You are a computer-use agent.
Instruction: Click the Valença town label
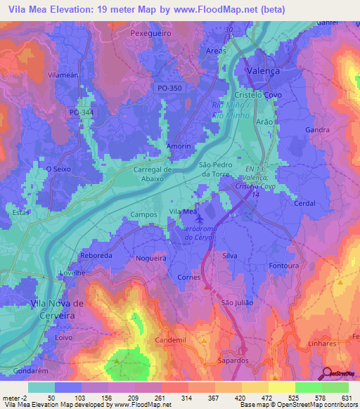(x=264, y=71)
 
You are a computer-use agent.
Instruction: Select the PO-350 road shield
(x=169, y=87)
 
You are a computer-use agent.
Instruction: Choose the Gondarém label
(x=31, y=369)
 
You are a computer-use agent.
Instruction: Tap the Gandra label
(x=318, y=131)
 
